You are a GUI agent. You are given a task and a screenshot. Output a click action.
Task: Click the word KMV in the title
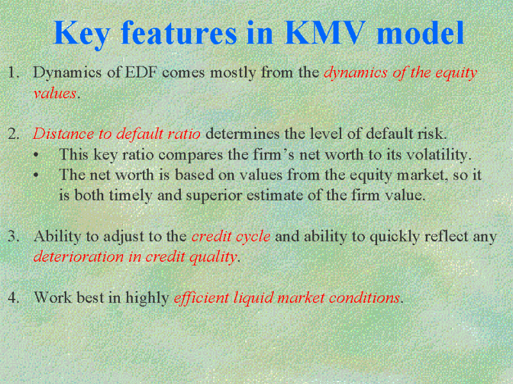tap(325, 33)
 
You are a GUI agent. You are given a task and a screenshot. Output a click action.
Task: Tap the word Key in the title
tap(81, 35)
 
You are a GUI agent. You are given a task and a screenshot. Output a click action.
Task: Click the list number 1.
tap(13, 72)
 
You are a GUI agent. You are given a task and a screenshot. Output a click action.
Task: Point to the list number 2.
tap(13, 134)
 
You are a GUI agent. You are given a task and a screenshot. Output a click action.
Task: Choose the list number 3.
tap(13, 236)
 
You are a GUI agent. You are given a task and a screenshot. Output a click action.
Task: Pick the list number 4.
tap(13, 298)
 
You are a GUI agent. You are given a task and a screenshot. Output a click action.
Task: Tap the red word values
tap(55, 93)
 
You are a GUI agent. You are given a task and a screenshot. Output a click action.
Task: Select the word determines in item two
tap(242, 134)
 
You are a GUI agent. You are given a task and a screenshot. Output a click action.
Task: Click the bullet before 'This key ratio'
tap(36, 155)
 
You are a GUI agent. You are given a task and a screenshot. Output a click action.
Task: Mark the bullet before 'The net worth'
tap(36, 175)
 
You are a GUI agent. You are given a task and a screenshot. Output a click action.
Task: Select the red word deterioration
tap(78, 257)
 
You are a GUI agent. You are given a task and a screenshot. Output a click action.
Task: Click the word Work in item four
tap(53, 298)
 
